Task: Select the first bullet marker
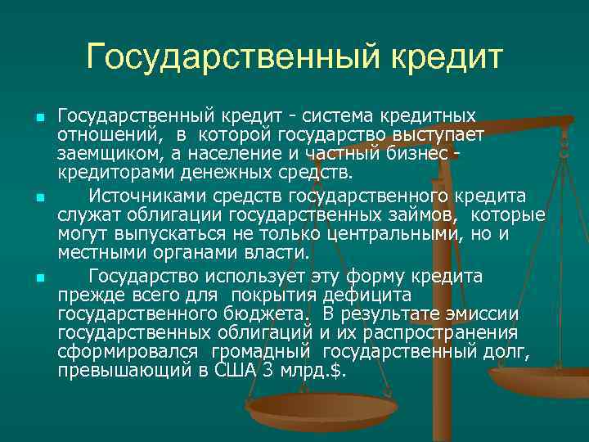tap(38, 120)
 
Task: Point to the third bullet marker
tap(38, 278)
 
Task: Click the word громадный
tap(262, 352)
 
